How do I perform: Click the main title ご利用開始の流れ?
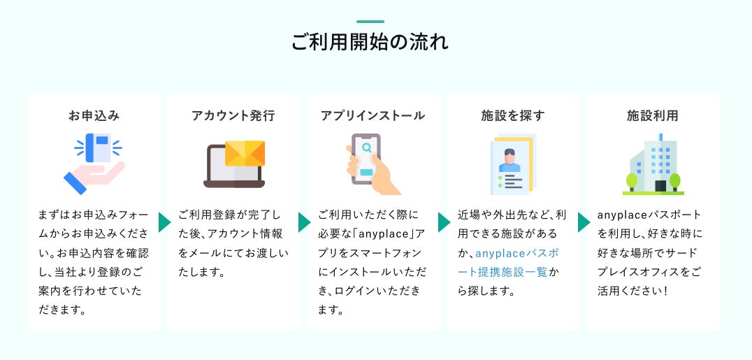(x=370, y=42)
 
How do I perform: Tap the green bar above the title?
(x=370, y=22)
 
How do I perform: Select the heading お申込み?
(x=94, y=115)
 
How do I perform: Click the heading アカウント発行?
(x=233, y=115)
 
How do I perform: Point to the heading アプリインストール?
(x=373, y=115)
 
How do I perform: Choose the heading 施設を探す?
(x=513, y=115)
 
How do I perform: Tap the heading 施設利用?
(x=653, y=115)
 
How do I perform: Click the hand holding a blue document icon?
(x=94, y=164)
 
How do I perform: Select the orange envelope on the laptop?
(x=245, y=153)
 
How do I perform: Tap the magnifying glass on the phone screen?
(x=367, y=147)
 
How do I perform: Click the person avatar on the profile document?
(x=509, y=160)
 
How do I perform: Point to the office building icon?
(x=653, y=164)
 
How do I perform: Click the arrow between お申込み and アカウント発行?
(x=164, y=222)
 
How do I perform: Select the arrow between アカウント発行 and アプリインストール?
(x=304, y=222)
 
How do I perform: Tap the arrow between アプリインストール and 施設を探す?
(x=444, y=222)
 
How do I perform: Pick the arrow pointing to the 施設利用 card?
(x=584, y=222)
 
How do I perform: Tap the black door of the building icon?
(x=660, y=186)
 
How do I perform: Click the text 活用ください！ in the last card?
(x=633, y=291)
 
